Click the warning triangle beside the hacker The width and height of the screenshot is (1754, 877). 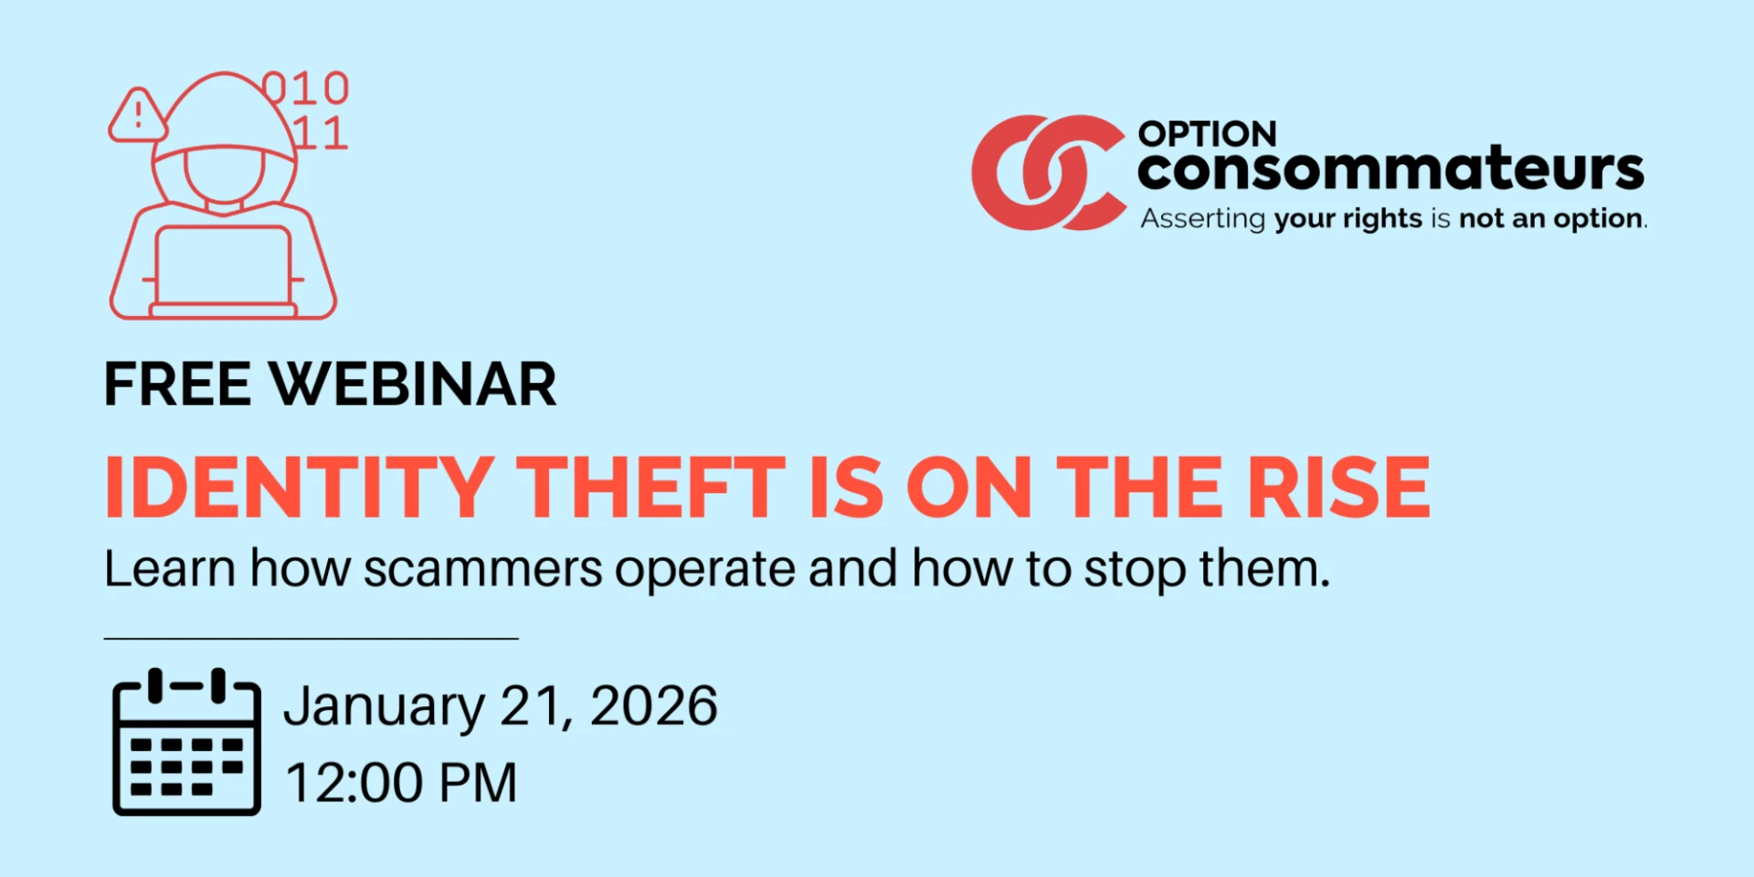point(137,116)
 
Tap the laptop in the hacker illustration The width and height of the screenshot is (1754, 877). point(224,271)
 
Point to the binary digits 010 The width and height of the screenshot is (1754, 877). point(306,89)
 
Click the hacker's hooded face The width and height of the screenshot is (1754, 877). point(224,174)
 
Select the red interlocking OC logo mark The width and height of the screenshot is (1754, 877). point(1047,173)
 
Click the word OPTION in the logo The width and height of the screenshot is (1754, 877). point(1207,134)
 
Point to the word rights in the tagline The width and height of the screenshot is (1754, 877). point(1382,220)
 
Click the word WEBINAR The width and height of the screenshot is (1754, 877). point(413,384)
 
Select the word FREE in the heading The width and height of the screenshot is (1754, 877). point(178,384)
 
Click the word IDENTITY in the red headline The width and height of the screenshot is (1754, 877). point(300,487)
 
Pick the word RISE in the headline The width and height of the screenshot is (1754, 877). point(1339,487)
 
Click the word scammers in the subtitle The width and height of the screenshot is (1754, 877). point(482,569)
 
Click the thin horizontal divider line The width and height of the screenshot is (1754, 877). point(312,639)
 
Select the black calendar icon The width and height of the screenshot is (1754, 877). point(186,742)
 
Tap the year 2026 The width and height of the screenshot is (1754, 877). point(654,705)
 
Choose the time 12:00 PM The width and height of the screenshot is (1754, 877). point(402,783)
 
